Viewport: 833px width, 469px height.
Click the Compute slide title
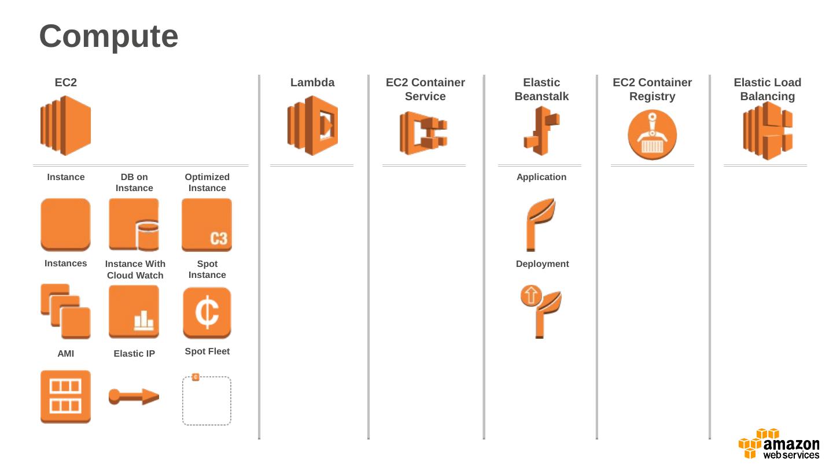click(109, 36)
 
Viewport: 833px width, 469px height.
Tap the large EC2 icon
click(65, 126)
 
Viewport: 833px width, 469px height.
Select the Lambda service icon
click(312, 126)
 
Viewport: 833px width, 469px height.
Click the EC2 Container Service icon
click(423, 133)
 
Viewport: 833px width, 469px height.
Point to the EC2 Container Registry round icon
click(652, 135)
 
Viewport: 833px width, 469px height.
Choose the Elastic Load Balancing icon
click(768, 131)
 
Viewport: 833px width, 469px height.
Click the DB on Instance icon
click(134, 225)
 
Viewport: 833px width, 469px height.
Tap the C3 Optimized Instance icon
click(207, 225)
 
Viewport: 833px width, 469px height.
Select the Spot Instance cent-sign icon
click(207, 313)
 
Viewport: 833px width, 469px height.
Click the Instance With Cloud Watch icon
click(134, 312)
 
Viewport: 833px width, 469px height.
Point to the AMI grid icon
click(65, 397)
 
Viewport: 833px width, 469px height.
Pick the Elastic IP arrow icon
click(134, 397)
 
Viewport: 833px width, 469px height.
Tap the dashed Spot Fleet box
click(207, 401)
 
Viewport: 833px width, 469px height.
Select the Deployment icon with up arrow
click(540, 311)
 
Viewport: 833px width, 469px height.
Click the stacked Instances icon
click(65, 311)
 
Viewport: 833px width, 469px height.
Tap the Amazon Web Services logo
click(779, 444)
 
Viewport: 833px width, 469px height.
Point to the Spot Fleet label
click(207, 351)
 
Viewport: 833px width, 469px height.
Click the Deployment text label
click(542, 264)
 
